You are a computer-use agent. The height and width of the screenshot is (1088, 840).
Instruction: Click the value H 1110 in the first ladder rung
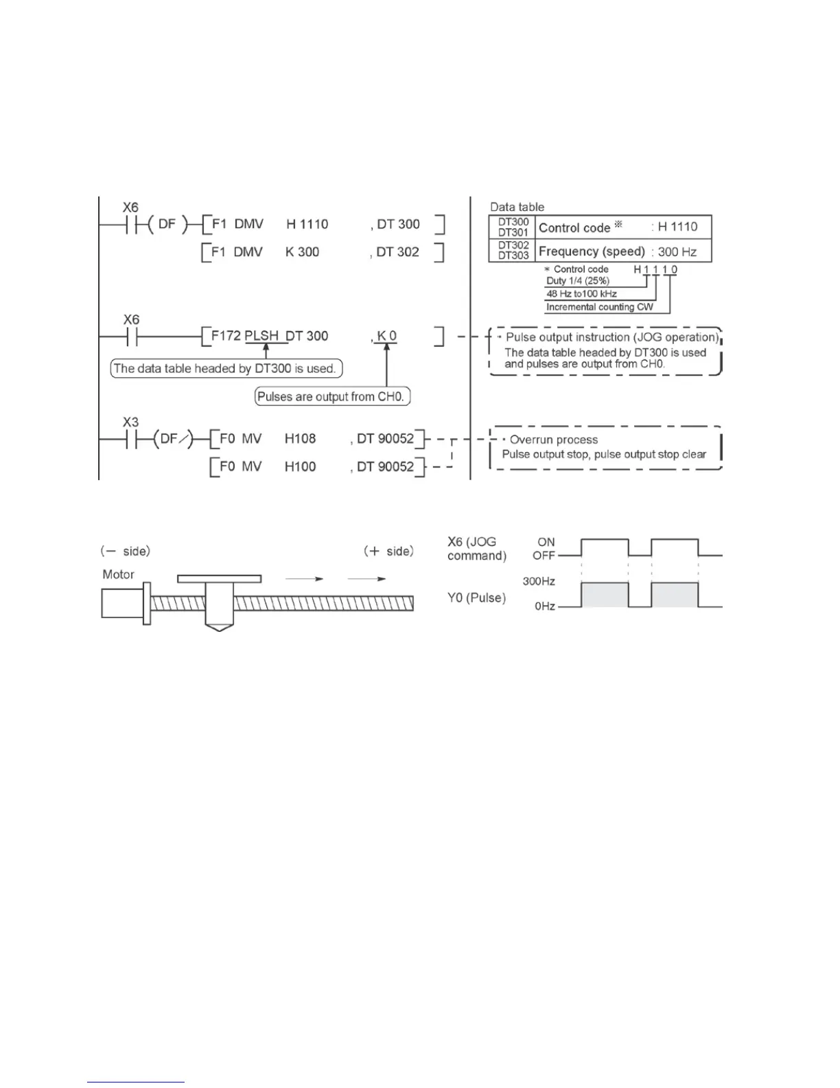point(307,225)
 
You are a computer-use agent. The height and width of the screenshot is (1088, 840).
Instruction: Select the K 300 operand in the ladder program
point(302,252)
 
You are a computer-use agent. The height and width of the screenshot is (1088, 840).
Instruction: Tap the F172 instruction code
point(226,336)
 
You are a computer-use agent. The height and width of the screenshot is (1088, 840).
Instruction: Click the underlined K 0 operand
point(387,336)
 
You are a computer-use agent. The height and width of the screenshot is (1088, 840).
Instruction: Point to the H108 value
point(300,438)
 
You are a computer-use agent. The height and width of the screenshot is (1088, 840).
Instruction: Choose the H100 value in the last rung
point(300,466)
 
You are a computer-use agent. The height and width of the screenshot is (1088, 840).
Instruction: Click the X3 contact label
point(130,422)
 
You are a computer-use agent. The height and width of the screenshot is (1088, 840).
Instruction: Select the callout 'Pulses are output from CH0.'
point(332,396)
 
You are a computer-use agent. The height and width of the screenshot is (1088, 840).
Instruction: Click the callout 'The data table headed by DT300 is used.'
point(226,368)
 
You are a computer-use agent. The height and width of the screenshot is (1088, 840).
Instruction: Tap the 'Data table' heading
point(517,207)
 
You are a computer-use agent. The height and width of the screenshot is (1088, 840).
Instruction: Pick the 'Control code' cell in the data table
point(574,227)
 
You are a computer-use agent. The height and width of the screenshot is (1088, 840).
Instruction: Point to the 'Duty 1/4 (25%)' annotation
point(578,281)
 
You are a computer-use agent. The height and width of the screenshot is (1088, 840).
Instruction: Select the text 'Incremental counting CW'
point(599,307)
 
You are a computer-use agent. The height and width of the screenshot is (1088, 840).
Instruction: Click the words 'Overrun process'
point(553,440)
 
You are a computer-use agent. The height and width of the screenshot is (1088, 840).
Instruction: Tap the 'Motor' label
point(118,574)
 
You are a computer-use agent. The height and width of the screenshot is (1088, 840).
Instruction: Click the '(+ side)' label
point(388,551)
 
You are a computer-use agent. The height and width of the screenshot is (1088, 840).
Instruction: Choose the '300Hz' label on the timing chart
point(539,581)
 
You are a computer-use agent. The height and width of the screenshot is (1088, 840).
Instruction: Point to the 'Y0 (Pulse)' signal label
point(476,598)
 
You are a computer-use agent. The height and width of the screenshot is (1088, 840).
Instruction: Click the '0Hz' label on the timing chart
point(545,607)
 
